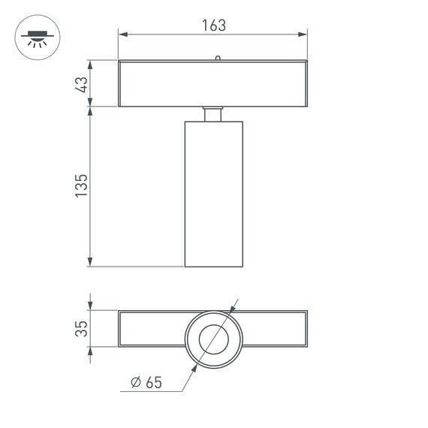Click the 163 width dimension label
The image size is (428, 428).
tap(213, 24)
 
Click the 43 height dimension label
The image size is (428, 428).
tap(83, 83)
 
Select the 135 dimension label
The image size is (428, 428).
tap(82, 186)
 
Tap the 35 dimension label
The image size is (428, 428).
tap(83, 328)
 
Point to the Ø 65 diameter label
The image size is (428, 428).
tap(146, 383)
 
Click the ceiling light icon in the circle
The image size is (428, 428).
tap(34, 38)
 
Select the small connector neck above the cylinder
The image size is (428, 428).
tap(213, 113)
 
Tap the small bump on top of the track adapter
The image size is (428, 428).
tap(217, 57)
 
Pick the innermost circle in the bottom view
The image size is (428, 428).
tap(213, 339)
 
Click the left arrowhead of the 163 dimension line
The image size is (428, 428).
tap(122, 34)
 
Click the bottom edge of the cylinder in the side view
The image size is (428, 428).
tap(213, 266)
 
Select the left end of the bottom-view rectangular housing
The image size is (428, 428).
tap(121, 328)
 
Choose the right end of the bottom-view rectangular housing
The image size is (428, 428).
tap(306, 328)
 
